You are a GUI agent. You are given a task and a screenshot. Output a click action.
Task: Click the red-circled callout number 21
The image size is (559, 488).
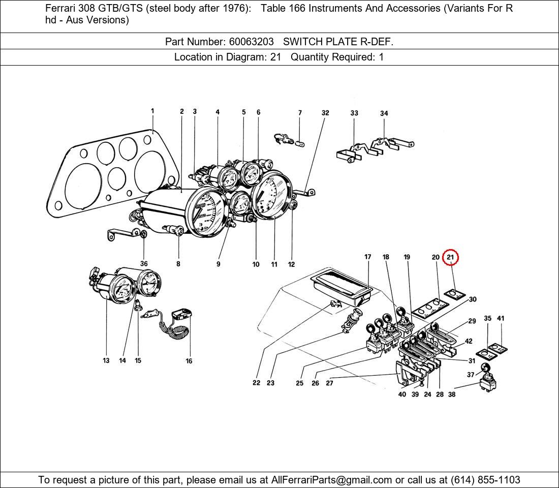[450, 258]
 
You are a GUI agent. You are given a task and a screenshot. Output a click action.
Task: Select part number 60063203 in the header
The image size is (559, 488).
[247, 41]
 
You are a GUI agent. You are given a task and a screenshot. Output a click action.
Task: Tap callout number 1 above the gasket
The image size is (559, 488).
[152, 111]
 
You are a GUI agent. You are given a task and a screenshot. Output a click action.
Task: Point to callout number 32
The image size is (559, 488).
[325, 113]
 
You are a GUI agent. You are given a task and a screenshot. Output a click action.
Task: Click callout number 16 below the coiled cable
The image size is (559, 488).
[189, 361]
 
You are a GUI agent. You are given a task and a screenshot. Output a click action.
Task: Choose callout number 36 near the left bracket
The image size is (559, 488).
[144, 264]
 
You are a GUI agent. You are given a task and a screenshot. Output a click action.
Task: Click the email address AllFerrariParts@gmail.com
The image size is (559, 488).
[331, 480]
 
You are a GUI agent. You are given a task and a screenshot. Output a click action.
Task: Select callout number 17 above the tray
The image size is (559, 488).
[368, 257]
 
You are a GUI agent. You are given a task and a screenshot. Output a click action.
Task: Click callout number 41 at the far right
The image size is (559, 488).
[501, 319]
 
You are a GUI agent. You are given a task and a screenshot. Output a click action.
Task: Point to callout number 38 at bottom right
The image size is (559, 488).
[451, 394]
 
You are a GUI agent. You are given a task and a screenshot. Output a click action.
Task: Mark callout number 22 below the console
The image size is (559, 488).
[256, 383]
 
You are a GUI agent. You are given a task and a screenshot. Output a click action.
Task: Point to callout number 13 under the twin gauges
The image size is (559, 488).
[106, 360]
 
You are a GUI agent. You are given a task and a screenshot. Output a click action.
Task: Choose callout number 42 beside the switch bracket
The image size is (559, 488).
[469, 341]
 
